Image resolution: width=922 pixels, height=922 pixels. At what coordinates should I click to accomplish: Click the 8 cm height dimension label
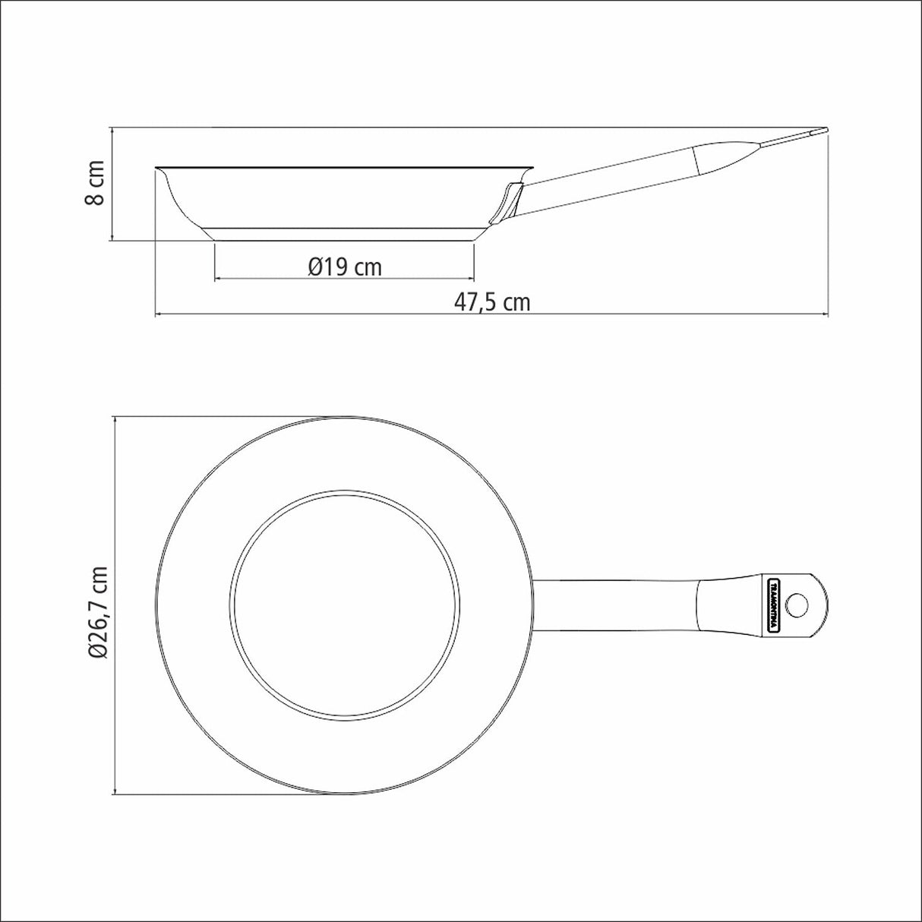coord(94,183)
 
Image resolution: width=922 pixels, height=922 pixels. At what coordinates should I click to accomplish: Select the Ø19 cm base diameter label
coord(345,267)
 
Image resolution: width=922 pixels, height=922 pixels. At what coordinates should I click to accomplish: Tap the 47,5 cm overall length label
coord(492,302)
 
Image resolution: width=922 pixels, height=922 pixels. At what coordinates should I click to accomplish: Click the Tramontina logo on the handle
coord(772,605)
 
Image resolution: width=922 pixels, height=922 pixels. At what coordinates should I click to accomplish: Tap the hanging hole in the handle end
coord(797,605)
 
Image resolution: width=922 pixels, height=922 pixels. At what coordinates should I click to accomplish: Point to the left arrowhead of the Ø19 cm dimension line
coord(219,279)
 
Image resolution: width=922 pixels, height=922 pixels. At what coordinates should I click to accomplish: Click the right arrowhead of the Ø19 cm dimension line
coord(471,279)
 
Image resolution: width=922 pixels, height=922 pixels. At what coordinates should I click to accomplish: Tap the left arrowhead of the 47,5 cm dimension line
coord(159,314)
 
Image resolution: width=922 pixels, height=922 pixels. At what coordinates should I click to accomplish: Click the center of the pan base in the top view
coord(345,605)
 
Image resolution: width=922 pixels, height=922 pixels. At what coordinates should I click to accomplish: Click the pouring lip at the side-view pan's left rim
coord(160,172)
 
